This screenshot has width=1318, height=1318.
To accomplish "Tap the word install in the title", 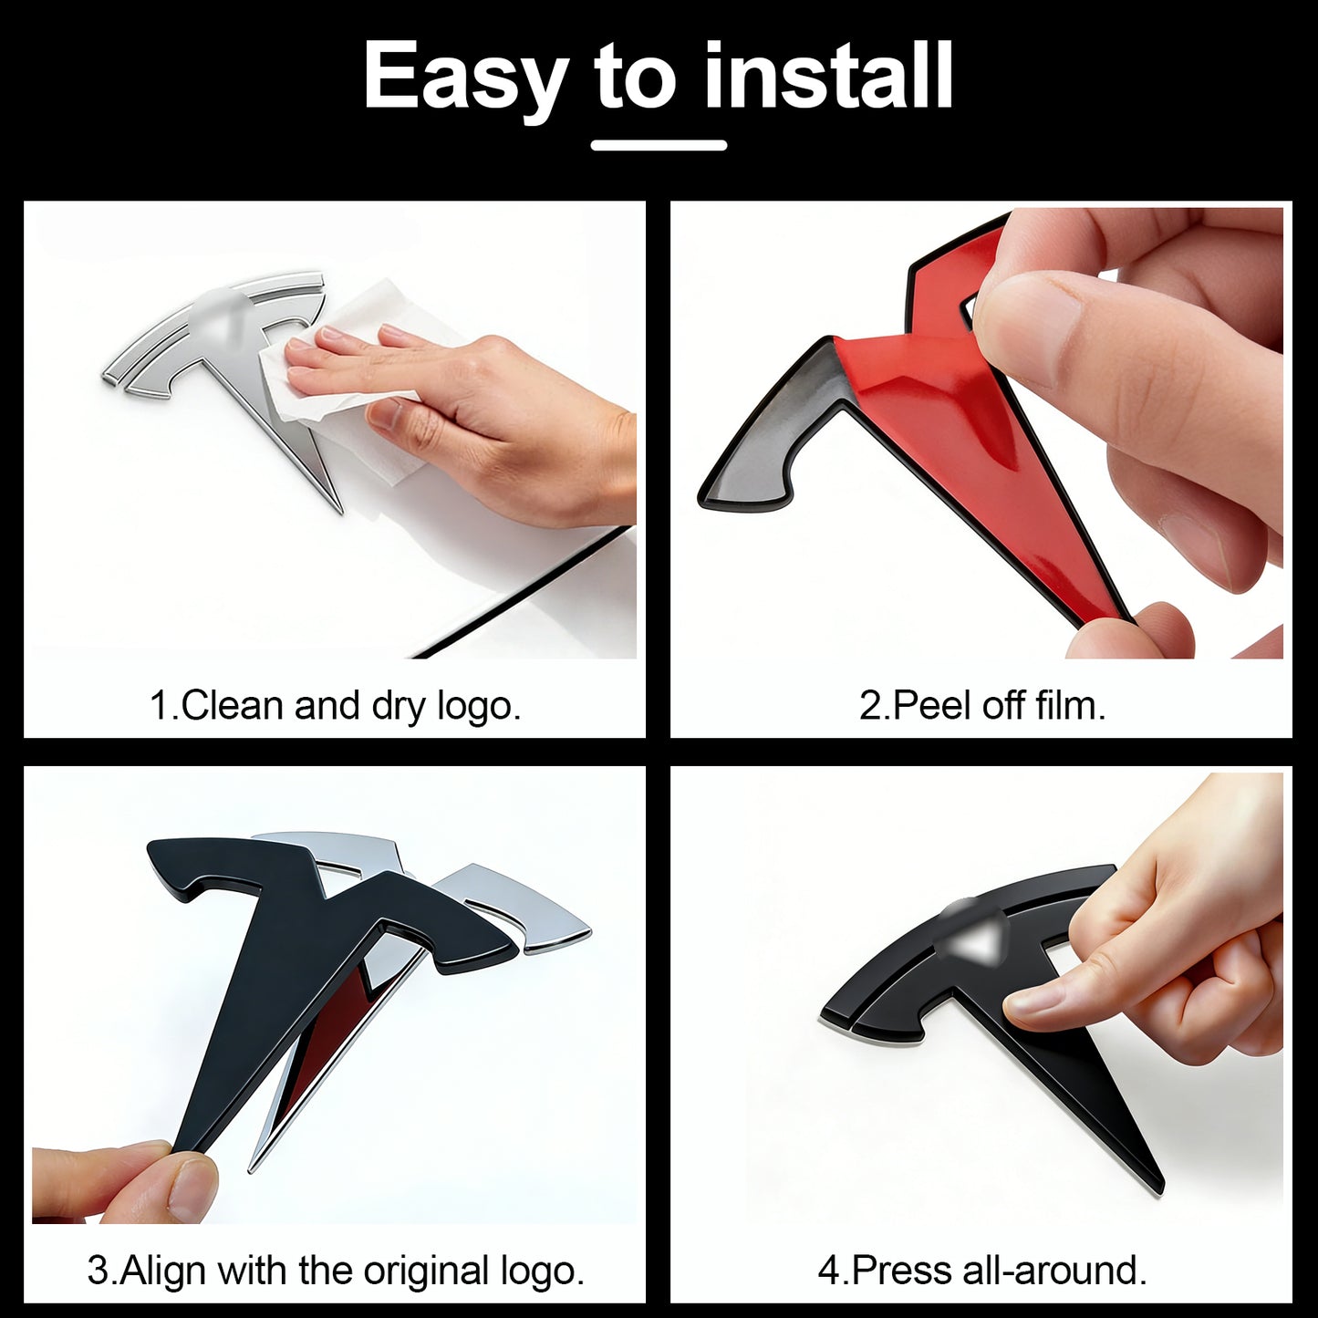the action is click(x=828, y=74).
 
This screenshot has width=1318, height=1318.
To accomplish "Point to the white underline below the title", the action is click(x=659, y=145).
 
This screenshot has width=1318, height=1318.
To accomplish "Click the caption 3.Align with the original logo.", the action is click(x=335, y=1271).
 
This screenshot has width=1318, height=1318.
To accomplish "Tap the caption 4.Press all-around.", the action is click(x=982, y=1271).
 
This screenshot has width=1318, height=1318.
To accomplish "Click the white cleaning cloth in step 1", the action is click(x=342, y=383).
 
